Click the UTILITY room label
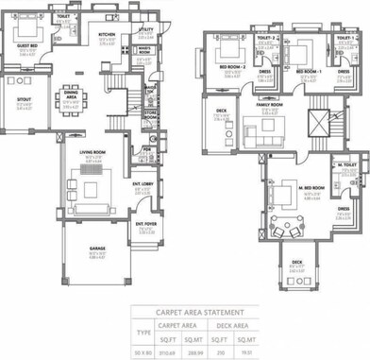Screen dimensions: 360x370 click(x=145, y=30)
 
